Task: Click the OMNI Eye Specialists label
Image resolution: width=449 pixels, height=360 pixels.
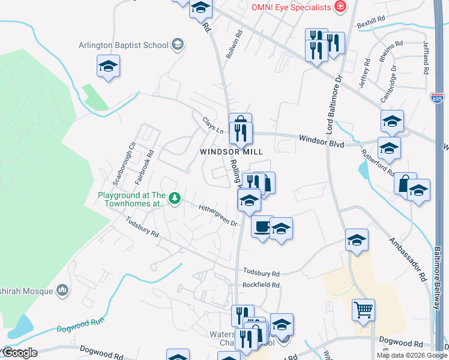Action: coord(291,7)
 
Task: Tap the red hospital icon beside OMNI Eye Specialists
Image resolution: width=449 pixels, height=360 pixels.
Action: coord(341,7)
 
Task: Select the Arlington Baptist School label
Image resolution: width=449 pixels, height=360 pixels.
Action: coord(124,44)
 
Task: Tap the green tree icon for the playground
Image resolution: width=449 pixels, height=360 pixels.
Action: coord(175,197)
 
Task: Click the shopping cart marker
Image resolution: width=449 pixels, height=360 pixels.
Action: coord(363,310)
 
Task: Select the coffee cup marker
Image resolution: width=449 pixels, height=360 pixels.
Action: coord(262,226)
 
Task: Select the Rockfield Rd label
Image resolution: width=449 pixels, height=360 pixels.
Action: coord(261,285)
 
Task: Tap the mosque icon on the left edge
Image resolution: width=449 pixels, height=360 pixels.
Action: coord(62,291)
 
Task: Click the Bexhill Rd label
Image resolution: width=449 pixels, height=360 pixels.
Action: coord(370,22)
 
